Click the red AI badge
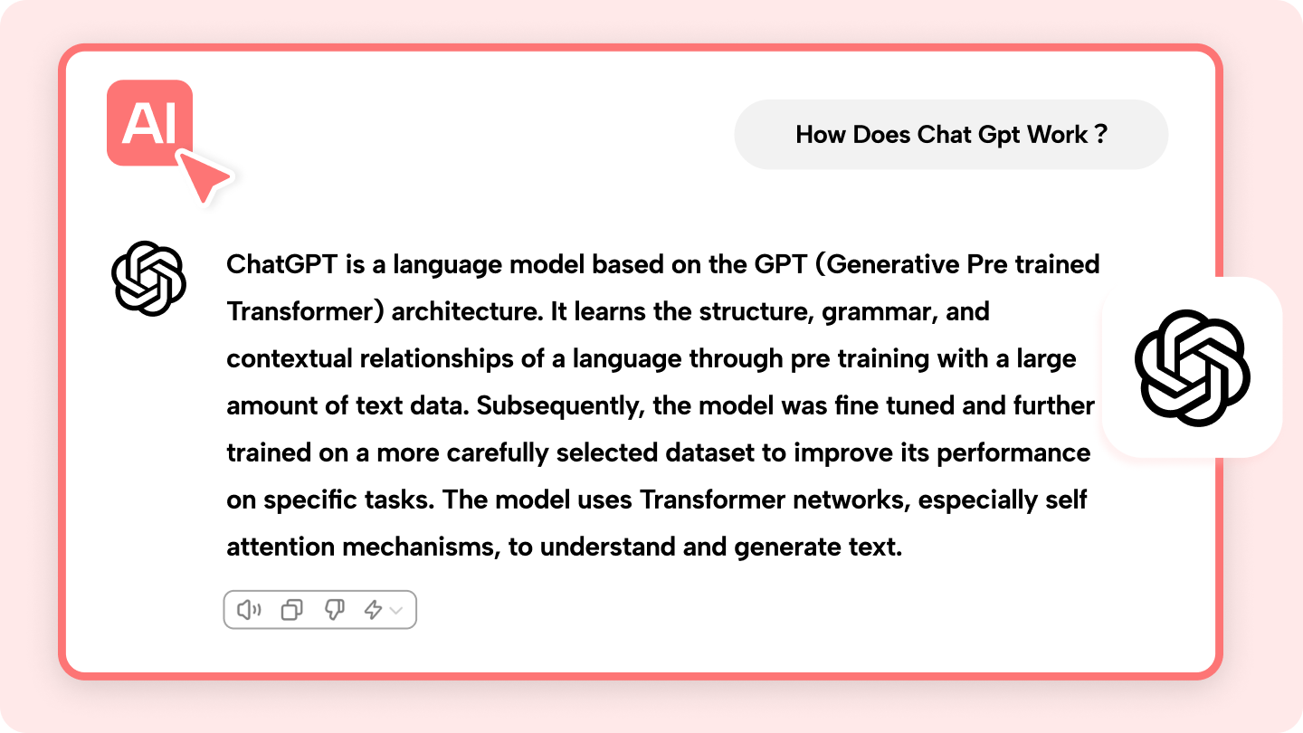pos(149,123)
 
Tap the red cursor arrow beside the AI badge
pos(203,176)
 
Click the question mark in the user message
pos(1100,134)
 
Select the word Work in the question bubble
pos(1057,134)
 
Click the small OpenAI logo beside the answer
pos(149,279)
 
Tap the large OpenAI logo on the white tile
pos(1193,368)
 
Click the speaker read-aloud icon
pos(249,610)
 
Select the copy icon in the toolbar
pos(291,610)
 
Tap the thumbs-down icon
pos(335,610)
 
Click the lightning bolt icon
pos(373,610)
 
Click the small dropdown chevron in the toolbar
pos(396,610)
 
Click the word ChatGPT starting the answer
pos(282,264)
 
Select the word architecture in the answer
pos(467,312)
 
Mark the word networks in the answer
pos(851,500)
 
